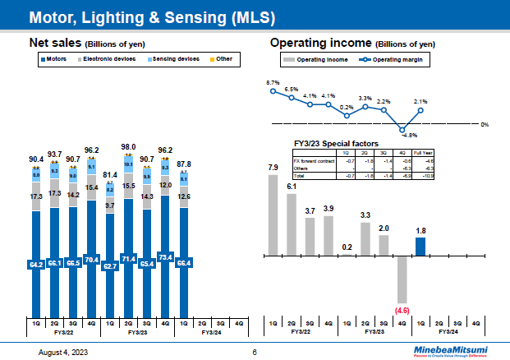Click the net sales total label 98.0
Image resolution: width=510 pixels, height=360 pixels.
[x=127, y=145]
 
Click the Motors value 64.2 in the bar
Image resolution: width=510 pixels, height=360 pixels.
[x=37, y=264]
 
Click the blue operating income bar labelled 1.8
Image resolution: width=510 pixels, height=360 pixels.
[x=420, y=246]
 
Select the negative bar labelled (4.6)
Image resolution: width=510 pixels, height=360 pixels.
[x=402, y=279]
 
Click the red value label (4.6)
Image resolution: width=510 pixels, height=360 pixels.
[x=402, y=310]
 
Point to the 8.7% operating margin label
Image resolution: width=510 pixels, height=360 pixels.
[x=273, y=83]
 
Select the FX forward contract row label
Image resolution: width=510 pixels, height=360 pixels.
[x=310, y=161]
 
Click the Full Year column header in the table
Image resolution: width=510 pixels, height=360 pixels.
[x=424, y=154]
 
